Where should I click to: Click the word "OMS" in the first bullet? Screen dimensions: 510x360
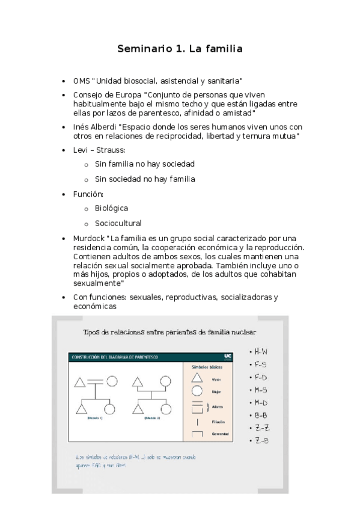[82, 81]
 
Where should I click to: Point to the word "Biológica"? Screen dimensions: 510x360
[111, 208]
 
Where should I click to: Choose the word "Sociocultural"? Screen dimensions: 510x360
[118, 223]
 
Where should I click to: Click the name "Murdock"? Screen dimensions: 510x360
[88, 239]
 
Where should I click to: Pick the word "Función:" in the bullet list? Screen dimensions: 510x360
[88, 194]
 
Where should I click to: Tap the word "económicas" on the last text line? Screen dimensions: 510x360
[95, 306]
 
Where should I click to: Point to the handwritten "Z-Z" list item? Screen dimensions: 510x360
[261, 428]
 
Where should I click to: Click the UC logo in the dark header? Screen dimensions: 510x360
[227, 356]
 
